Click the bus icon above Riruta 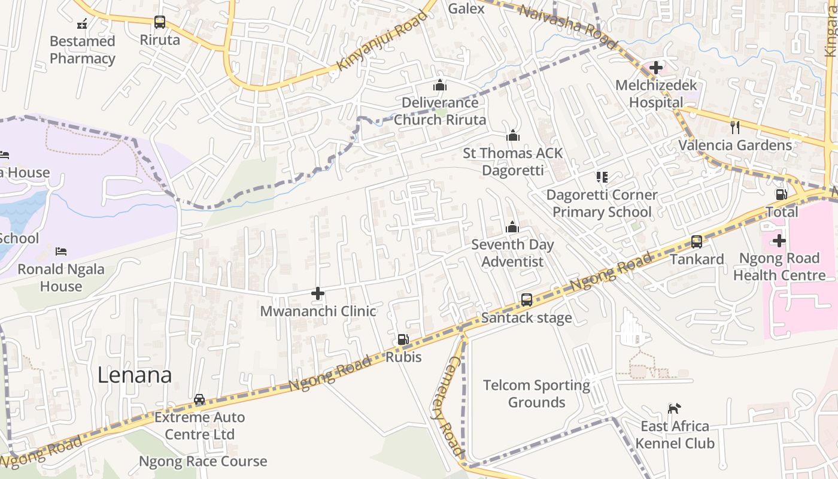point(159,22)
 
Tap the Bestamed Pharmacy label point(82,50)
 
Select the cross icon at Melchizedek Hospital point(656,68)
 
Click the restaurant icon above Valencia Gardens point(735,127)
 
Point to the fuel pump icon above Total point(781,194)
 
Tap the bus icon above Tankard point(697,242)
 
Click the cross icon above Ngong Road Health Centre point(779,241)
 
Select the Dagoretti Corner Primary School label point(602,204)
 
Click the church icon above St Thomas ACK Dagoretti point(512,136)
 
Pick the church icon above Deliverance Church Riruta point(440,85)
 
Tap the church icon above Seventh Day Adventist point(512,227)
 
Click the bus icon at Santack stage point(527,300)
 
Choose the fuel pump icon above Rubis point(403,339)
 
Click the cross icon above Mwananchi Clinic point(318,293)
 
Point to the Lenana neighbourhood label point(135,375)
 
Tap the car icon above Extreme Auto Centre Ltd point(199,399)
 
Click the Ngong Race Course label point(203,462)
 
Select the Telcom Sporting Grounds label point(536,393)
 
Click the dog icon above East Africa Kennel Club point(674,408)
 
